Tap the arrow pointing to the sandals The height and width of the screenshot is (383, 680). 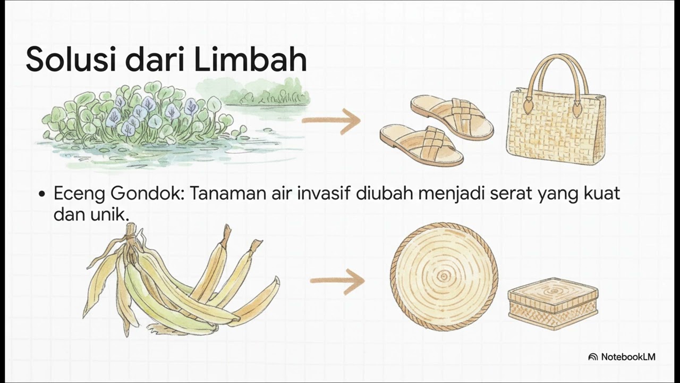tap(331, 121)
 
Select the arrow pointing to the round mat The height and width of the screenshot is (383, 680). tap(337, 281)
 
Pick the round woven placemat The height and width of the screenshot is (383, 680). tap(444, 277)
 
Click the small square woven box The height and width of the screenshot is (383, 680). tap(553, 303)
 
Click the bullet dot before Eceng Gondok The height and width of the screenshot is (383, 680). tap(42, 194)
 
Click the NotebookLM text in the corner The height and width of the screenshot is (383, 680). tap(628, 357)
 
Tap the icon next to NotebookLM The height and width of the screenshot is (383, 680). tap(593, 357)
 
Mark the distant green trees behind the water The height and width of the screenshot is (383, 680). tap(268, 93)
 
